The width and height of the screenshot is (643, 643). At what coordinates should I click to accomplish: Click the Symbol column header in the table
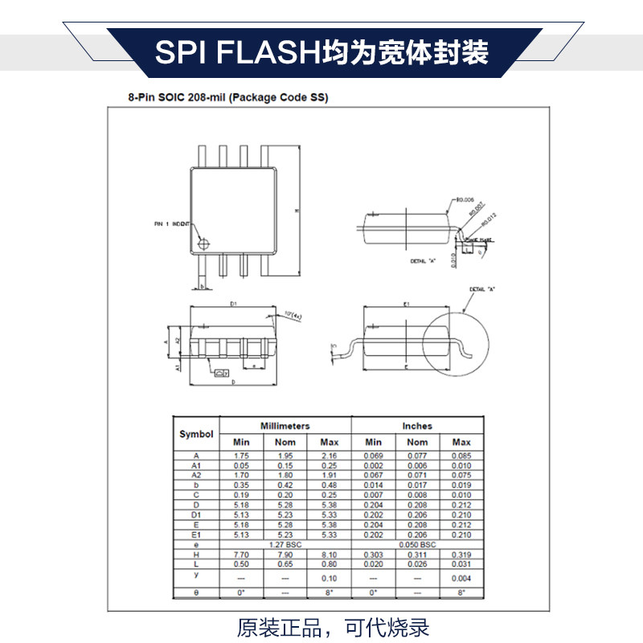[196, 434]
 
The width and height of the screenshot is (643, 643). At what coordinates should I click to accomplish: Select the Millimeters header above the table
[285, 425]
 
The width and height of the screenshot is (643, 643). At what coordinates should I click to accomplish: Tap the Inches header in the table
[417, 425]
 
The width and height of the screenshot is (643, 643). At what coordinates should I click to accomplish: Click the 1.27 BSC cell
[285, 544]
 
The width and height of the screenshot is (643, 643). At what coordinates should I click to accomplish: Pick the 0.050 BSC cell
[417, 544]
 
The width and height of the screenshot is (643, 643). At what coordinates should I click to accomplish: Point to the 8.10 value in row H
[330, 555]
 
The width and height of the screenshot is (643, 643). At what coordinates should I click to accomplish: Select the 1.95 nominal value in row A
[285, 456]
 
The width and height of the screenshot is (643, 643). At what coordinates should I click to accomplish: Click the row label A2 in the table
[196, 475]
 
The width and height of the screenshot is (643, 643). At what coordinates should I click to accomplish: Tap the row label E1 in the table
[196, 534]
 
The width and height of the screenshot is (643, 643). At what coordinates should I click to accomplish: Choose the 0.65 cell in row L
[285, 564]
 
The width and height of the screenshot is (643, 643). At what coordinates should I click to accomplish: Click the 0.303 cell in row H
[374, 555]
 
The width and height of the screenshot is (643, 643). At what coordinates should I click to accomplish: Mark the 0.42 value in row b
[285, 485]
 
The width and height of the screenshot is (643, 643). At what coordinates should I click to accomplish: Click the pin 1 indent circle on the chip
[205, 242]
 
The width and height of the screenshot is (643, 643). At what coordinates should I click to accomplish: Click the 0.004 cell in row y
[461, 579]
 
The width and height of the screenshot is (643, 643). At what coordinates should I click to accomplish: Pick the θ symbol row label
[196, 592]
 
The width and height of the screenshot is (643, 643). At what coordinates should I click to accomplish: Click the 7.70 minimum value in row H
[242, 555]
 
